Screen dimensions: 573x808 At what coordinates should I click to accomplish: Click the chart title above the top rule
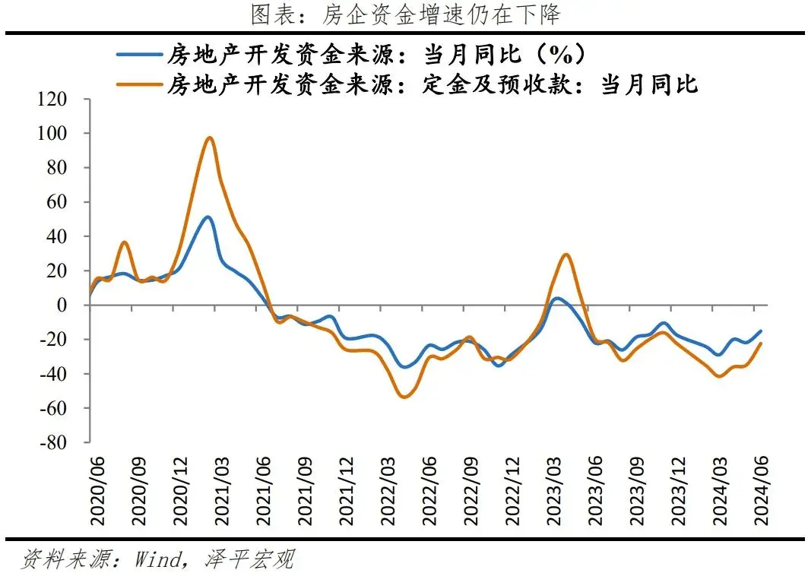(x=404, y=14)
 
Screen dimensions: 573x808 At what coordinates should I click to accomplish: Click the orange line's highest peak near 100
(x=210, y=138)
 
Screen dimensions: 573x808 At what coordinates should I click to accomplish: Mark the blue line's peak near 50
(x=208, y=217)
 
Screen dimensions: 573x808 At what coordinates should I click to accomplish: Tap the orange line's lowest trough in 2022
(x=404, y=397)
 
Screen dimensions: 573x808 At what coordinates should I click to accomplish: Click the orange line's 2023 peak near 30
(x=565, y=255)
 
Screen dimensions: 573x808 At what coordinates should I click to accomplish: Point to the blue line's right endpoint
(x=761, y=331)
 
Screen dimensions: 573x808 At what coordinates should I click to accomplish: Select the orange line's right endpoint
(x=761, y=343)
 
